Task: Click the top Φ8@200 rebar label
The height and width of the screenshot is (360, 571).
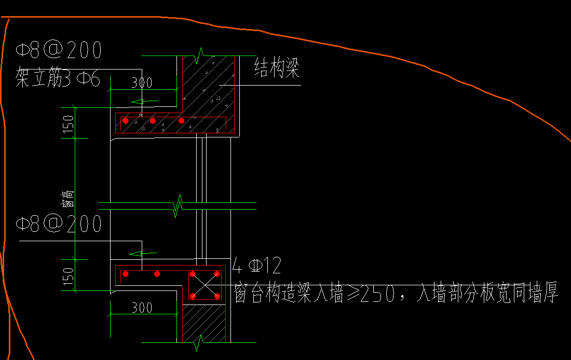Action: (58, 51)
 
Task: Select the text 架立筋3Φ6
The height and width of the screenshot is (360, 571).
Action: (58, 79)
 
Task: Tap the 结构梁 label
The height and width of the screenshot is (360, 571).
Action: (277, 68)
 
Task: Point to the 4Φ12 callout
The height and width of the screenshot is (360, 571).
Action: (257, 266)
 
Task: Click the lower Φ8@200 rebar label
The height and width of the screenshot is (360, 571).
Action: (58, 224)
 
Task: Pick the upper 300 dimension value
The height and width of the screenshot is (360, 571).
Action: (141, 83)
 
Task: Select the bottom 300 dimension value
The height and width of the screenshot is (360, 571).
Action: (141, 308)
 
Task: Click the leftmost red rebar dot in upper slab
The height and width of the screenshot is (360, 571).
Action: (125, 121)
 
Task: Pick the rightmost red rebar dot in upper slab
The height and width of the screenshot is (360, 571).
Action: (181, 121)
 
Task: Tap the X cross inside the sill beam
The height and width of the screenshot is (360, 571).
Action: (205, 285)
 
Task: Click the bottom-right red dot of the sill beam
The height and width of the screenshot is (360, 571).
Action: (217, 296)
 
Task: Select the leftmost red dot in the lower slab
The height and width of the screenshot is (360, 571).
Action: (125, 273)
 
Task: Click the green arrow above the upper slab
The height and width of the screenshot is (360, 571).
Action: (144, 101)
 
